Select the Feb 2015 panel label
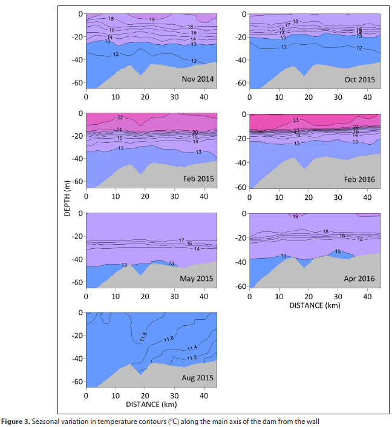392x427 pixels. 198,180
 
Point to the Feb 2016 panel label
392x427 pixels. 360,180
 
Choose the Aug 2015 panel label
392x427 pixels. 197,378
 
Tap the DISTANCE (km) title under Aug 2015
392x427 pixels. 151,403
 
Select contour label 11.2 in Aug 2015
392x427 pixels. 191,358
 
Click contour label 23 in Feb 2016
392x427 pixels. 296,120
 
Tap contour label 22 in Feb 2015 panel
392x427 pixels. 120,118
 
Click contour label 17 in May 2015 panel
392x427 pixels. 181,240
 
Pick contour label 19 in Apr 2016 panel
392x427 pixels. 295,216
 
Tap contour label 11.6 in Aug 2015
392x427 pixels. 169,339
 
